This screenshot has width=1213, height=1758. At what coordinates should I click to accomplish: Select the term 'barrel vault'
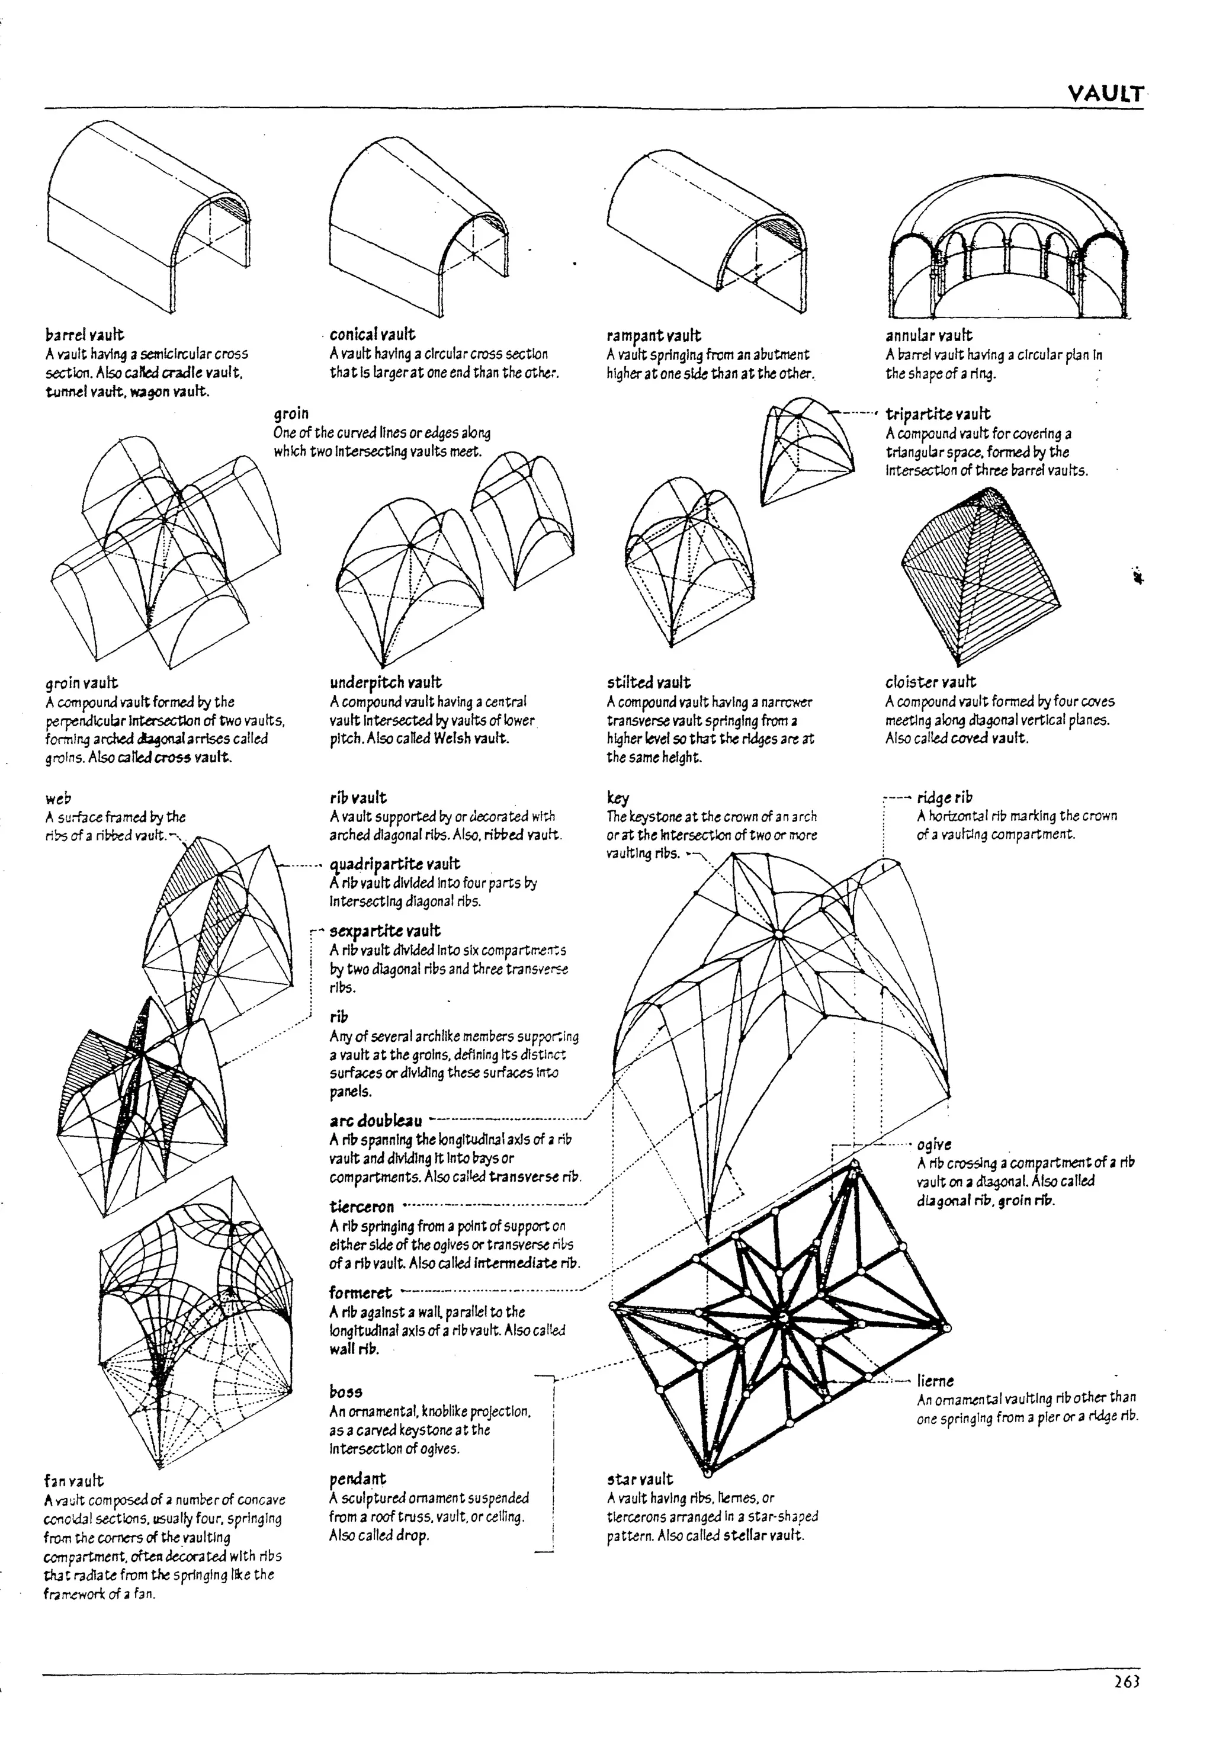[x=84, y=335]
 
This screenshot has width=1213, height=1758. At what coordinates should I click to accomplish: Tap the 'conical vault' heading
[x=373, y=335]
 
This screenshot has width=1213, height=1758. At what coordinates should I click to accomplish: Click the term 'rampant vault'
[x=654, y=335]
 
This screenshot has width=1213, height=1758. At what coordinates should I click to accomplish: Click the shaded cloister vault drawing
[x=980, y=578]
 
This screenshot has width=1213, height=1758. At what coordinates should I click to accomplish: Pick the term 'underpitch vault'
[x=386, y=682]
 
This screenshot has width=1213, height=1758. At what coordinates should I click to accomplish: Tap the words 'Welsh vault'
[x=470, y=738]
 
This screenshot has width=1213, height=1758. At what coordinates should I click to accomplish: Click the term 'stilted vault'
[x=649, y=682]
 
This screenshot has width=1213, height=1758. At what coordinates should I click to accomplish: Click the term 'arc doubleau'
[x=376, y=1121]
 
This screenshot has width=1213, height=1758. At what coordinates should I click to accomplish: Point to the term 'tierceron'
[x=362, y=1207]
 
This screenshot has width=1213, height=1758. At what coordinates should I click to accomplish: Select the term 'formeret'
[x=360, y=1293]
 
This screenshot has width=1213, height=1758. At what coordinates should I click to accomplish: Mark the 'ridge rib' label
[x=944, y=798]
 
